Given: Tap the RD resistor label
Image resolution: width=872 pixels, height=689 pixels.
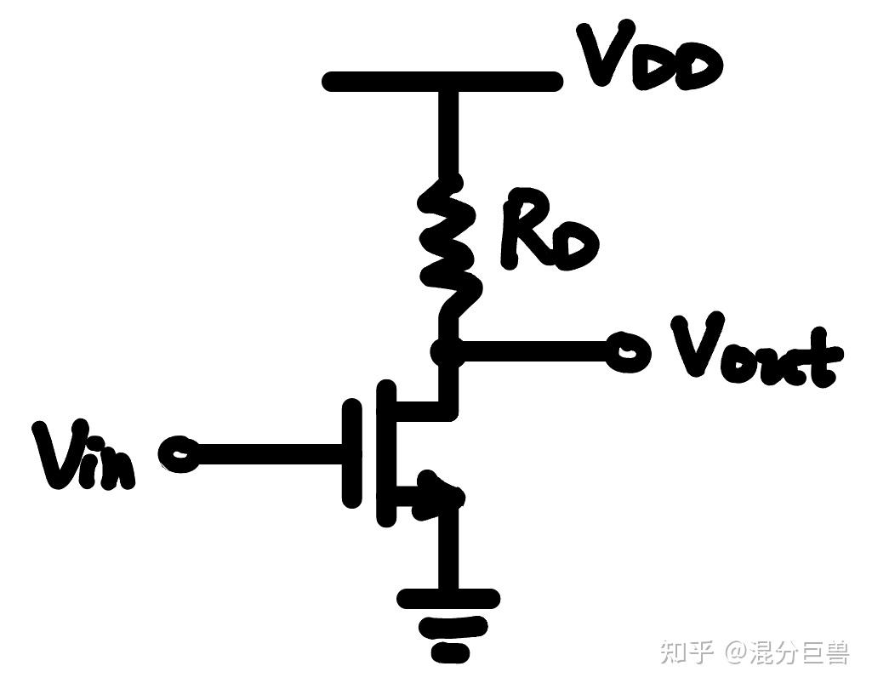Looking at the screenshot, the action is [550, 230].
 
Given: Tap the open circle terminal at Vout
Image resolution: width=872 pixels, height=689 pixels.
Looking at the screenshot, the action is [628, 352].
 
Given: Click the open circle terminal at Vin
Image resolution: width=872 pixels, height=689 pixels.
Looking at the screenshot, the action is [178, 453].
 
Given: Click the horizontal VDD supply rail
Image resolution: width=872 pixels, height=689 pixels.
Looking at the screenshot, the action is [442, 81].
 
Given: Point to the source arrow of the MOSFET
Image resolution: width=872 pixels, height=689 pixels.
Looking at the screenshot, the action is [439, 497].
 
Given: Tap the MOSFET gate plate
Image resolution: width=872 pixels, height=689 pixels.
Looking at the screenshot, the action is [351, 453].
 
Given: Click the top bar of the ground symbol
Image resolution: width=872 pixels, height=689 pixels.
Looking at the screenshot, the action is [448, 599].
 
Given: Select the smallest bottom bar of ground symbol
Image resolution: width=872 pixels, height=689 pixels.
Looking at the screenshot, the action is [450, 652].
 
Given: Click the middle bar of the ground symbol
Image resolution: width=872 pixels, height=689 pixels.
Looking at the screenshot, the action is [453, 628].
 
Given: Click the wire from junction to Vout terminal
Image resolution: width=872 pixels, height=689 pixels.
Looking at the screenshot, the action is [535, 351].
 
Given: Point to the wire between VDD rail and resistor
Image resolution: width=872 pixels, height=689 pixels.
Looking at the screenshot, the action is [449, 134].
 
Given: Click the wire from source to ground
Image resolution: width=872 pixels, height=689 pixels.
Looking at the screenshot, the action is [449, 548].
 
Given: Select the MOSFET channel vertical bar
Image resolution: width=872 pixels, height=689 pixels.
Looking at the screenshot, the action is [386, 453].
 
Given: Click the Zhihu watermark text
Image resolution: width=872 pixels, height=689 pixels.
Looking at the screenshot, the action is [755, 652].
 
